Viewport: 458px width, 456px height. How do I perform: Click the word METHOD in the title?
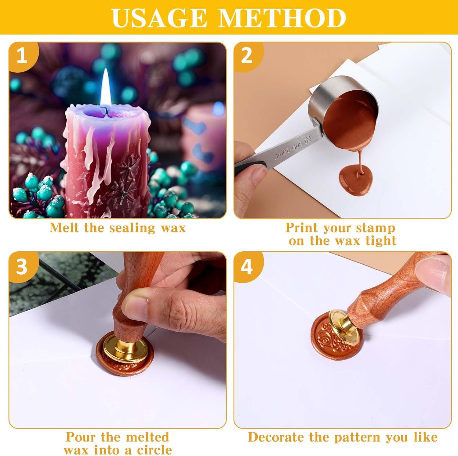tap(282, 18)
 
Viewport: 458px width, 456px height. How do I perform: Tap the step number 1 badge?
tap(22, 56)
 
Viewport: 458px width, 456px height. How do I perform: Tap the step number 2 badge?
tap(247, 56)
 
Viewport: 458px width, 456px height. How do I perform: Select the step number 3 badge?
tap(22, 267)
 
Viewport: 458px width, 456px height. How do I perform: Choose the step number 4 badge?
tap(247, 267)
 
